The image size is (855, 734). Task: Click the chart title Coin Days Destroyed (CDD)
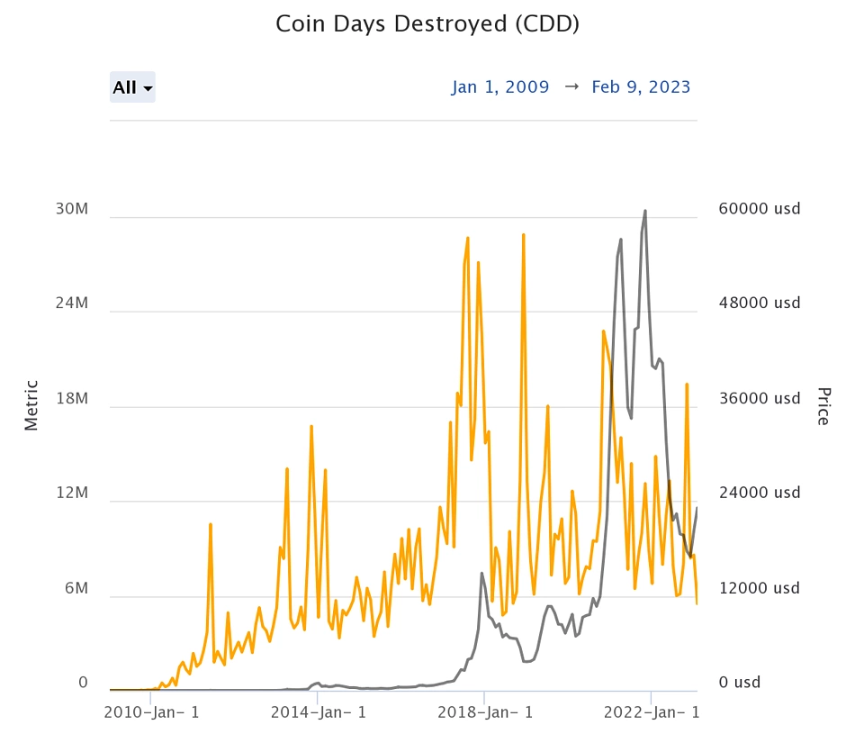pyautogui.click(x=427, y=24)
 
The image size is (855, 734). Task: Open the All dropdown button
pyautogui.click(x=132, y=87)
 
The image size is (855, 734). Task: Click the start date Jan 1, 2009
pyautogui.click(x=500, y=87)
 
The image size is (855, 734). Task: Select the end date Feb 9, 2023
pyautogui.click(x=641, y=87)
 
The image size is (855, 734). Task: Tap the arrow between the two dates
pyautogui.click(x=571, y=87)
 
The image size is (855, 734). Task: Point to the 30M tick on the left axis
pyautogui.click(x=71, y=209)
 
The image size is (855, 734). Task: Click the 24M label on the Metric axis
pyautogui.click(x=71, y=304)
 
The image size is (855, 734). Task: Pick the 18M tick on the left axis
pyautogui.click(x=71, y=399)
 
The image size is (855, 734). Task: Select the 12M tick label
pyautogui.click(x=71, y=494)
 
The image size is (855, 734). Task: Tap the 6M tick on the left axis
pyautogui.click(x=76, y=588)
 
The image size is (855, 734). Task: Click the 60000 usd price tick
pyautogui.click(x=760, y=209)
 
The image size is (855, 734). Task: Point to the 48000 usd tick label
pyautogui.click(x=760, y=304)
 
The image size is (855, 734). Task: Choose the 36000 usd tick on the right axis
pyautogui.click(x=760, y=399)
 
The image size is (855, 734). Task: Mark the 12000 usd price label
pyautogui.click(x=760, y=588)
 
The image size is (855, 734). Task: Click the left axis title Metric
pyautogui.click(x=31, y=405)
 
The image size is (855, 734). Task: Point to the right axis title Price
pyautogui.click(x=823, y=405)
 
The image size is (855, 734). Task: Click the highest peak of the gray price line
pyautogui.click(x=645, y=211)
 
